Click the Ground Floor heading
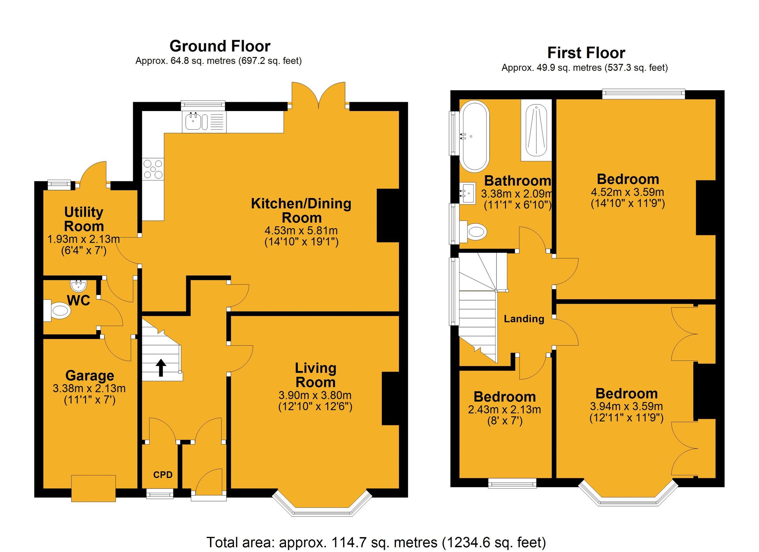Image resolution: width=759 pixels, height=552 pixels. (220, 46)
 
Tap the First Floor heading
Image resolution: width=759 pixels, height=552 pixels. (586, 53)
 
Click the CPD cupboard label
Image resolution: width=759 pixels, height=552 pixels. (163, 475)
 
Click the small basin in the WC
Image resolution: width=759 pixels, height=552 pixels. (79, 286)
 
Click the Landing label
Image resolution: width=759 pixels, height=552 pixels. (524, 319)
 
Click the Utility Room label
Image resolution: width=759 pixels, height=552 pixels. (84, 219)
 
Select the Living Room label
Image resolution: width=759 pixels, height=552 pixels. (315, 375)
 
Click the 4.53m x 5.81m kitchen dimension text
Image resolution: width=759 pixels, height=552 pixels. (301, 231)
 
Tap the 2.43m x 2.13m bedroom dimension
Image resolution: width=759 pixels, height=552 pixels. (504, 409)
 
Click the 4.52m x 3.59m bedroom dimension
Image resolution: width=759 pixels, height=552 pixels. (627, 192)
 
